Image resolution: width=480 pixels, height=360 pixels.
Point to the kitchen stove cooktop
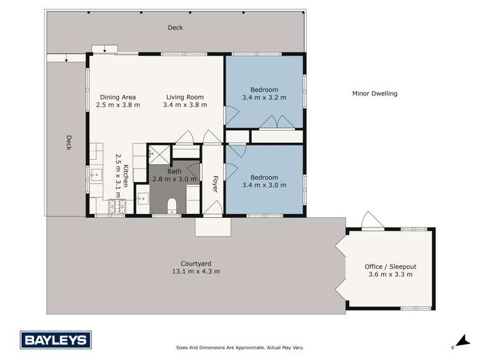click(x=118, y=205)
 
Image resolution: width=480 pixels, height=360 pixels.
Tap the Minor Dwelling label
click(x=375, y=94)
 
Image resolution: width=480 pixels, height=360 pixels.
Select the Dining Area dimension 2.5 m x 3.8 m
click(x=118, y=105)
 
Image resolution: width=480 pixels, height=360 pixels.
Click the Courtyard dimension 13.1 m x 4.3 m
click(x=196, y=272)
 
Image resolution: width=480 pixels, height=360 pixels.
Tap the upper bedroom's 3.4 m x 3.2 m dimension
click(x=264, y=97)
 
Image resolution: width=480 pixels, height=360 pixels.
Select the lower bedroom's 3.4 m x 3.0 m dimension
click(x=264, y=185)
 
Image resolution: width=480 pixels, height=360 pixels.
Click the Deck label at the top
click(x=176, y=28)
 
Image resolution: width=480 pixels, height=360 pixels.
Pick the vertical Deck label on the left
click(x=68, y=142)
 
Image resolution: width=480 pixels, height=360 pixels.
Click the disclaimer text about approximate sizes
click(x=240, y=348)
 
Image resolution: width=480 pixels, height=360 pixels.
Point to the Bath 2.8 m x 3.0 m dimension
click(x=174, y=179)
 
